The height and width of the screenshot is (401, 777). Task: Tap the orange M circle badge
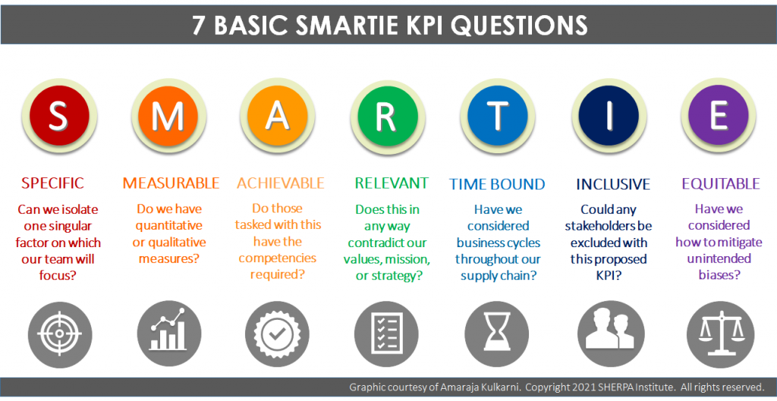point(168,115)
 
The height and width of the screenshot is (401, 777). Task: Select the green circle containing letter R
point(386,115)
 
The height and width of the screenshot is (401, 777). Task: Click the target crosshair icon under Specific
point(58,334)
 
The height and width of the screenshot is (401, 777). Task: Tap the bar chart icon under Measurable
point(168,334)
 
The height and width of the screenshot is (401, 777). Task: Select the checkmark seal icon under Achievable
point(277,334)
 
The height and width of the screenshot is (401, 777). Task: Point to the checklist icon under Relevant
point(386,334)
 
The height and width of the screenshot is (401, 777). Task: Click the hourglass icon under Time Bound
point(496,334)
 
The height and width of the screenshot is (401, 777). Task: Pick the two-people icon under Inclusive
point(606,334)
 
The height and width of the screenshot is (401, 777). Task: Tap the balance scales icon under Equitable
point(715,334)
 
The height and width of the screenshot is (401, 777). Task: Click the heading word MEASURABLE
point(171,183)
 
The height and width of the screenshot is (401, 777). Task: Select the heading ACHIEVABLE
point(280,183)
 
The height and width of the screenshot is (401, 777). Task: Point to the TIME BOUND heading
point(497,184)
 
